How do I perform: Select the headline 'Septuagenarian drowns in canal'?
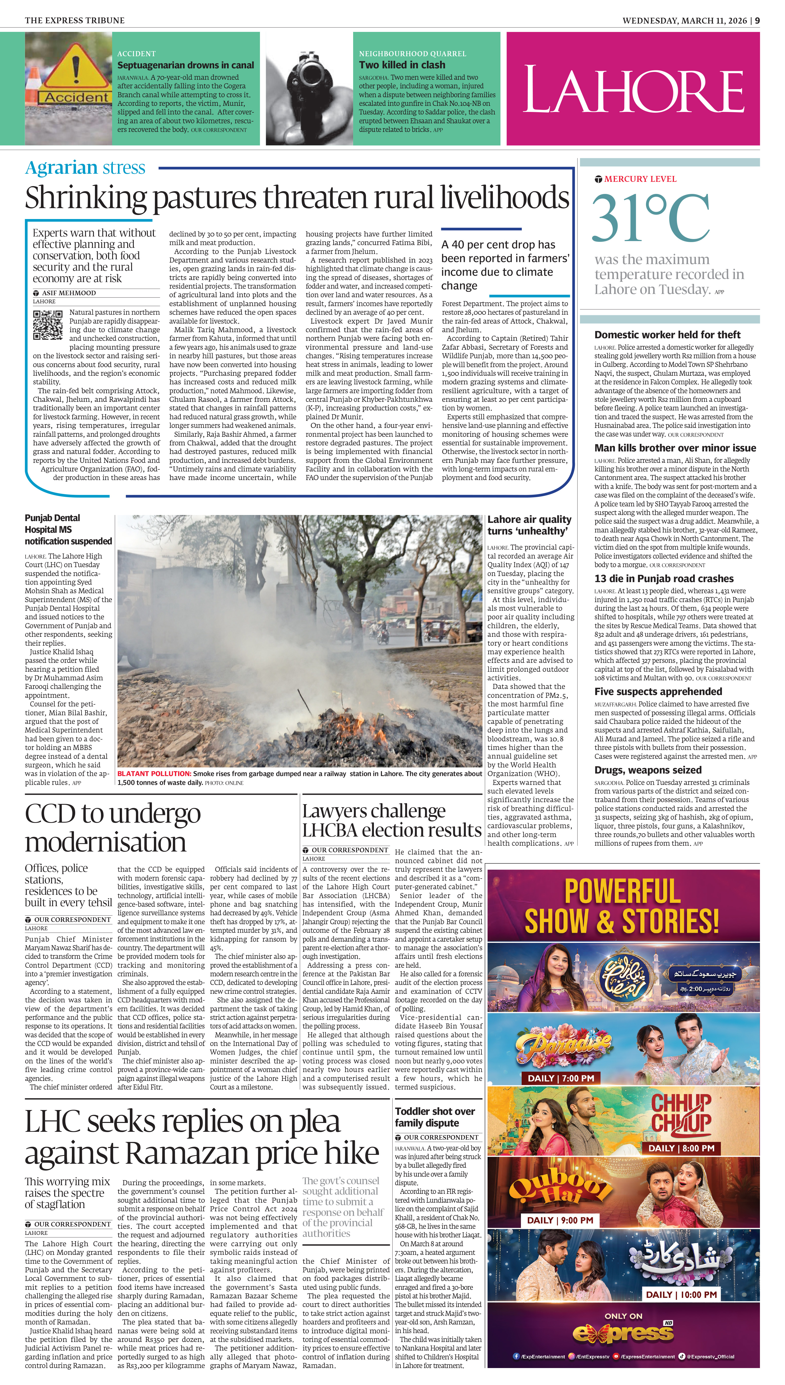click(186, 65)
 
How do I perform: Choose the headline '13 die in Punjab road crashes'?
click(664, 579)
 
